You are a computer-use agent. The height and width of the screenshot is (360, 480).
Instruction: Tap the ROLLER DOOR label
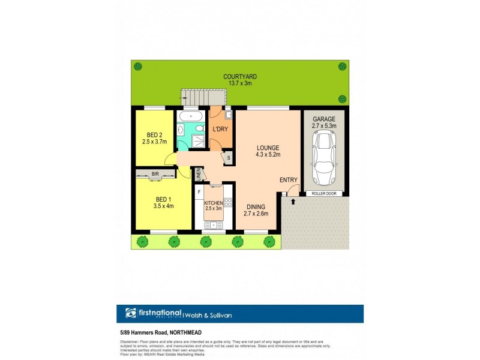(x=324, y=194)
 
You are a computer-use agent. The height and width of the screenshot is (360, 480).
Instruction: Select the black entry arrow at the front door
(x=293, y=202)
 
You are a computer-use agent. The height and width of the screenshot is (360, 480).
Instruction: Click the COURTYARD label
(x=240, y=77)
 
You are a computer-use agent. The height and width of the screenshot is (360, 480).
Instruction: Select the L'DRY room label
(x=219, y=129)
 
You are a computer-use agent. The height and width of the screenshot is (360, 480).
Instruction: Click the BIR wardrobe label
(x=155, y=174)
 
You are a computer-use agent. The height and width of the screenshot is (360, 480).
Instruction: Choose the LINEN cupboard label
(x=198, y=175)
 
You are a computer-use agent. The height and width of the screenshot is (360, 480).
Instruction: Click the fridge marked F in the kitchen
(x=199, y=191)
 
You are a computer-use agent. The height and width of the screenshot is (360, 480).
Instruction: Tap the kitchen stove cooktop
(x=228, y=202)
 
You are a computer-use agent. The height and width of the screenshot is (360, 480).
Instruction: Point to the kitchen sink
(x=213, y=225)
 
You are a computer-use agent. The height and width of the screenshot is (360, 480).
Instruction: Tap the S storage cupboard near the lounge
(x=227, y=158)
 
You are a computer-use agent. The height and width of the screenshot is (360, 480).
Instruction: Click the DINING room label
(x=255, y=206)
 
